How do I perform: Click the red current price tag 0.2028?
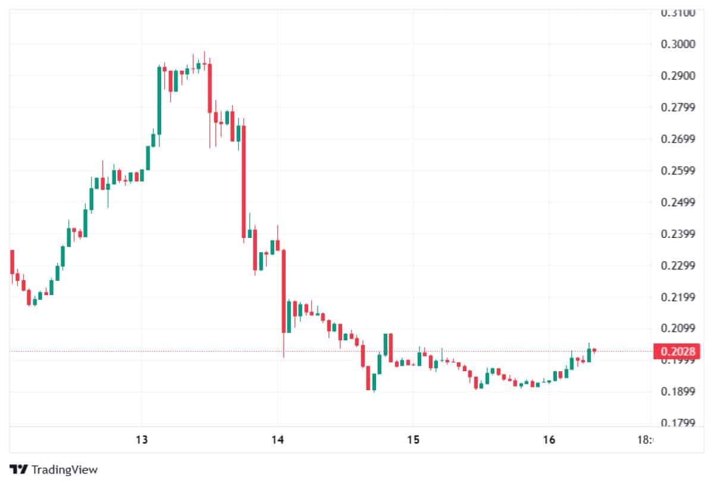[675, 352]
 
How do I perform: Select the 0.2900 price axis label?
[679, 76]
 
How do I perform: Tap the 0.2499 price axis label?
[679, 202]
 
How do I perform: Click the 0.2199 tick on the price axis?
[679, 297]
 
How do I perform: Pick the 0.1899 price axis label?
[679, 391]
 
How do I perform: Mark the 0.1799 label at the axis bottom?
[679, 423]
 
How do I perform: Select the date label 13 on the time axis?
[142, 440]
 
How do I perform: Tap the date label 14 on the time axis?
[277, 440]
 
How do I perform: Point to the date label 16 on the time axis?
[549, 440]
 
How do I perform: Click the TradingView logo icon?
[20, 469]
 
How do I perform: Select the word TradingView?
[64, 469]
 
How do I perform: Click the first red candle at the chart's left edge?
[12, 262]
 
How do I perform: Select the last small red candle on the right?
[594, 350]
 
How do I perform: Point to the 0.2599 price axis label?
[679, 171]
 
